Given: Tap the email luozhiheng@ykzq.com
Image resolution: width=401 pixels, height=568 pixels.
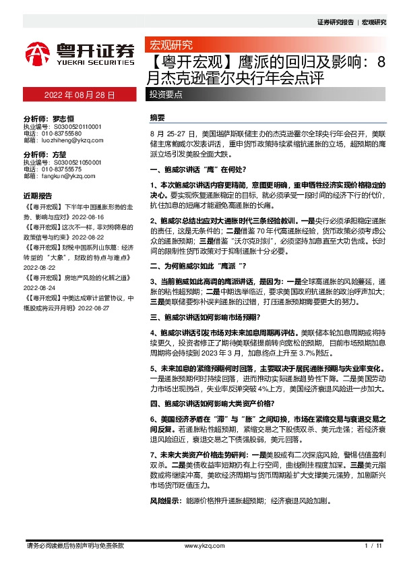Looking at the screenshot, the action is pyautogui.click(x=66, y=140).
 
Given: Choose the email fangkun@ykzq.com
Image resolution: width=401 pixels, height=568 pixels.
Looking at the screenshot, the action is pyautogui.click(x=62, y=176).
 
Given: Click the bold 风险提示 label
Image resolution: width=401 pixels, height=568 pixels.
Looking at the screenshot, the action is pyautogui.click(x=162, y=502).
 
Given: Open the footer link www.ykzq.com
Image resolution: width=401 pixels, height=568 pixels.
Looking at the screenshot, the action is pyautogui.click(x=200, y=545).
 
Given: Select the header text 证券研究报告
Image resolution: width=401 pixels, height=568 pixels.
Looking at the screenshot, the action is pyautogui.click(x=335, y=22).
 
